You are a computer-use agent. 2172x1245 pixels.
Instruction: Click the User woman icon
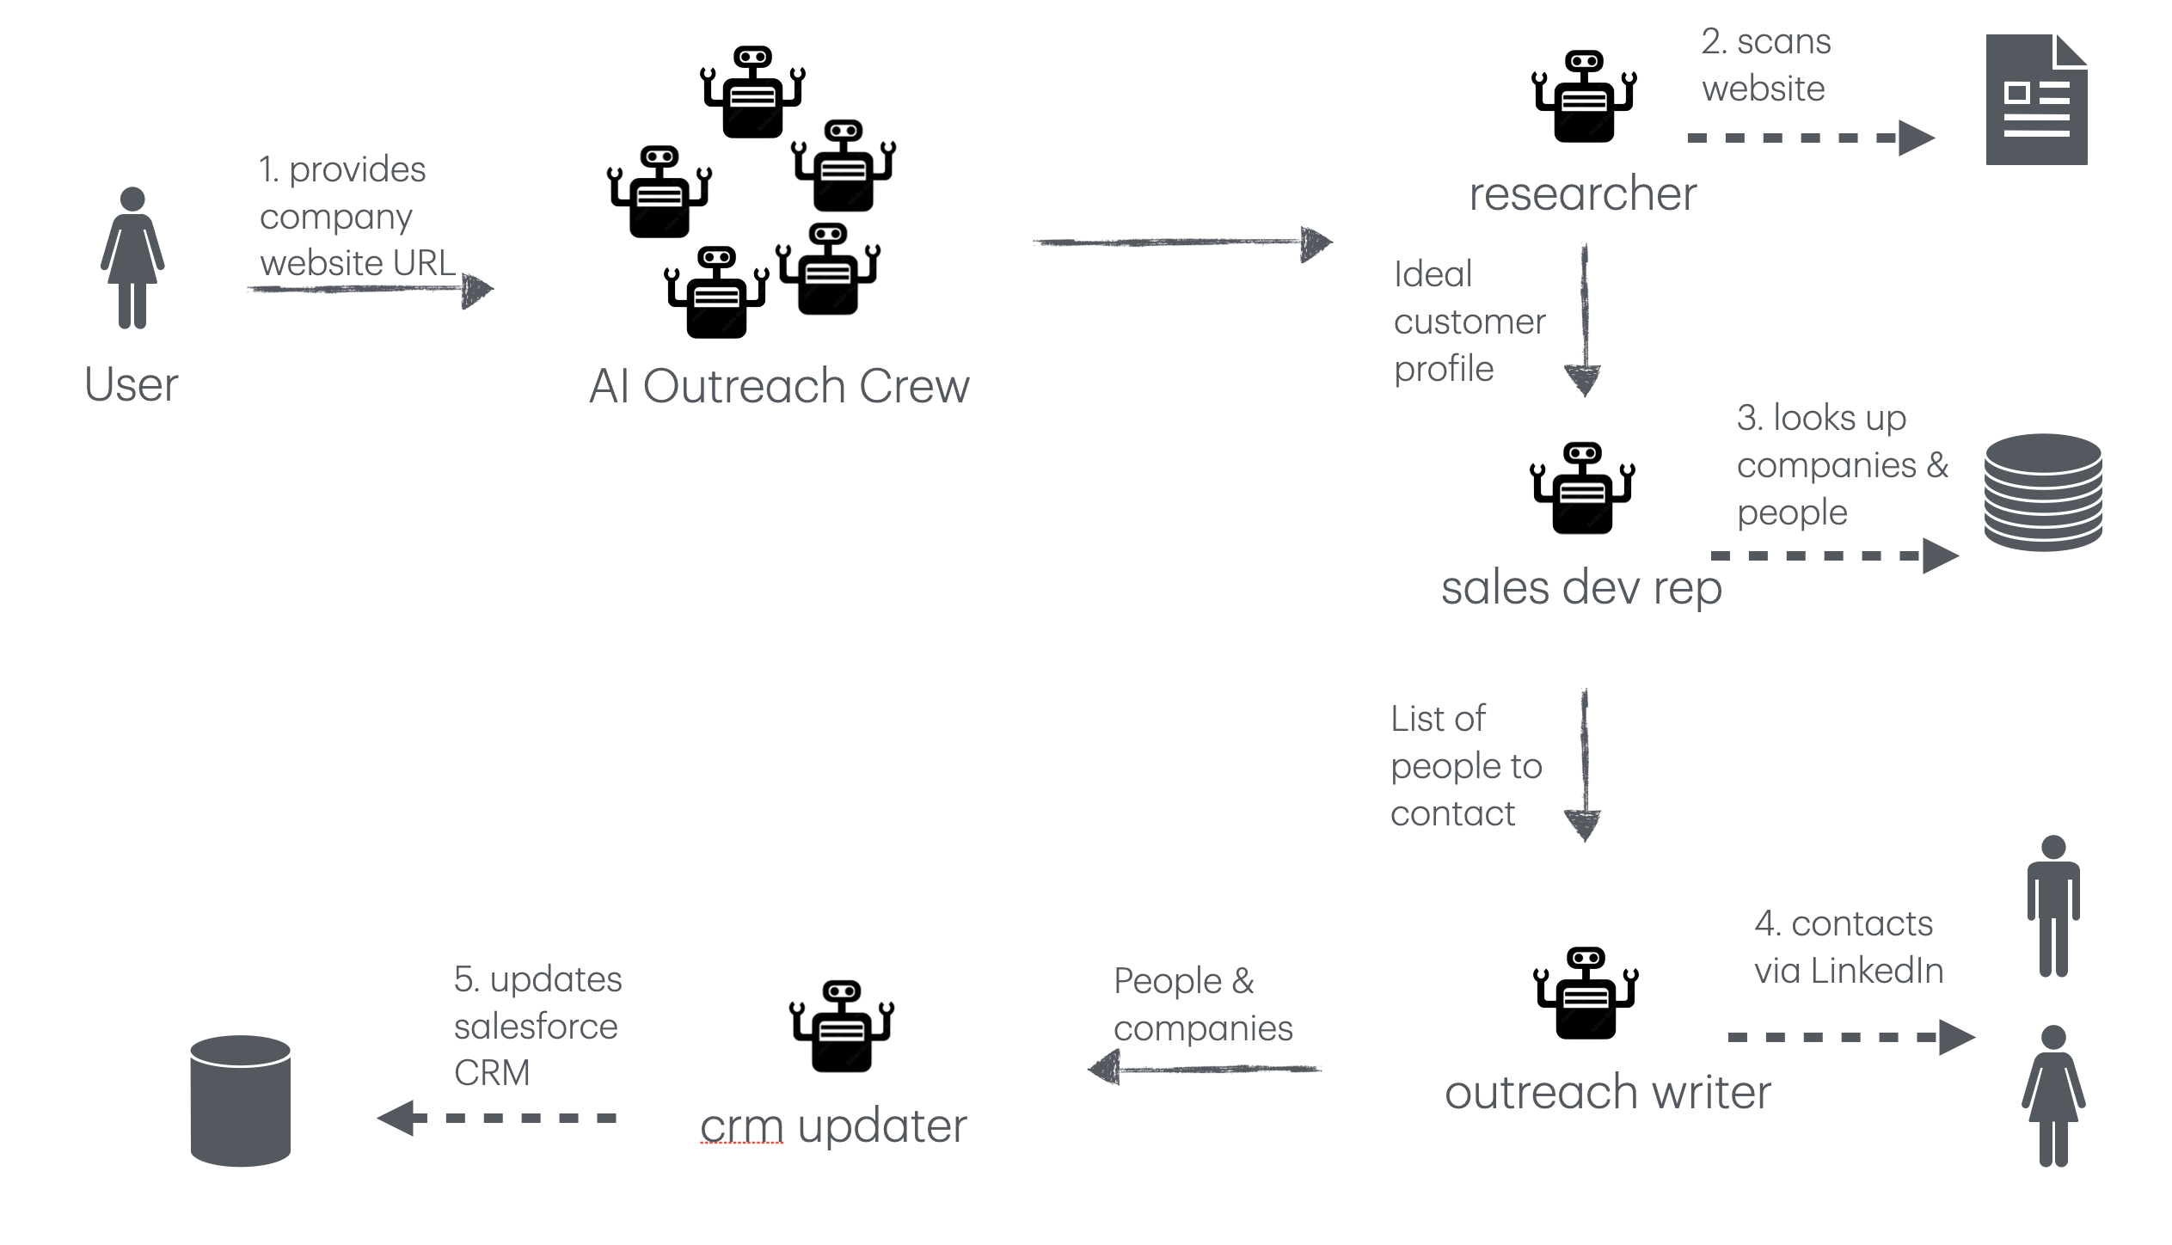coord(132,258)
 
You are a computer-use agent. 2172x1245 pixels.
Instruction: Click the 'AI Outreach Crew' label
coord(779,386)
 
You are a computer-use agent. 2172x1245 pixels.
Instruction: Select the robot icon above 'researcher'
coord(1584,96)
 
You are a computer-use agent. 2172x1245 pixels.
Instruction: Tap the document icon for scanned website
coord(2036,100)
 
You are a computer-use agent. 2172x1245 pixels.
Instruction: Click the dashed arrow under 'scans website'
coord(1810,138)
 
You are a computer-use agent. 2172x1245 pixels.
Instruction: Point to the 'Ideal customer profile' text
coord(1469,322)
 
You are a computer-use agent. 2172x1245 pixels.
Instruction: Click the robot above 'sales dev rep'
coord(1582,488)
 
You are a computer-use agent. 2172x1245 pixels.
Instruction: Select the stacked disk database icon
coord(2043,492)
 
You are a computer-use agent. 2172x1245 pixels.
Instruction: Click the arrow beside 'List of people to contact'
coord(1583,765)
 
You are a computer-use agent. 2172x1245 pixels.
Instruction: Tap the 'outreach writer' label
coord(1608,1093)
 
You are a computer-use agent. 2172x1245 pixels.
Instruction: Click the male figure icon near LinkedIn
coord(2053,906)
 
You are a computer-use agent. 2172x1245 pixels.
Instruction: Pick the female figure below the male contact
coord(2053,1096)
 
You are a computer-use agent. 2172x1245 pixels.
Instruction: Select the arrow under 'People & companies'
coord(1204,1070)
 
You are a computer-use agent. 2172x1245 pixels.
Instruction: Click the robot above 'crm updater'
coord(842,1026)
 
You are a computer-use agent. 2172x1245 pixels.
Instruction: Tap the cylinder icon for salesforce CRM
coord(240,1101)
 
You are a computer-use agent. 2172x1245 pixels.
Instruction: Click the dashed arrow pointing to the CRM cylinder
coord(497,1118)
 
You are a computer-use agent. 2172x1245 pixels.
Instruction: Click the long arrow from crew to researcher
coord(1181,243)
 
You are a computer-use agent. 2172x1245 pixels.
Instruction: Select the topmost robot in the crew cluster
coord(753,92)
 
